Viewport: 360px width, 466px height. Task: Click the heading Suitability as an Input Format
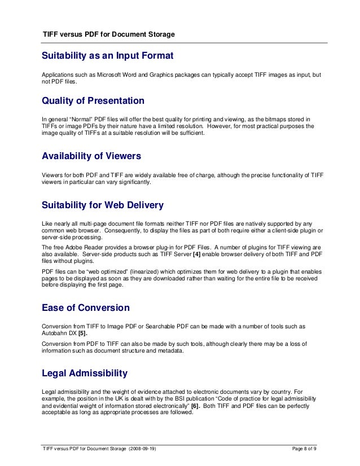coord(107,56)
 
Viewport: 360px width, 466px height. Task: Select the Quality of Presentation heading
coord(93,101)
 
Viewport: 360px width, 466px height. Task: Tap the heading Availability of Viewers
coord(91,156)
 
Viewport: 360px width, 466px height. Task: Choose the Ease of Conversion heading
coord(86,308)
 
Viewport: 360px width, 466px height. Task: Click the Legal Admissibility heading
coord(85,373)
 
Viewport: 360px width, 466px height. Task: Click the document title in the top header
coord(109,34)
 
